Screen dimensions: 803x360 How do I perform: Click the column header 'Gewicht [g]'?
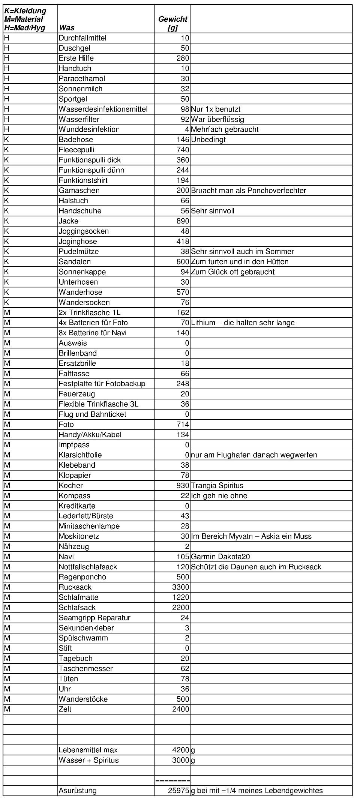point(172,23)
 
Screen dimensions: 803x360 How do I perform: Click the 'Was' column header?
point(67,28)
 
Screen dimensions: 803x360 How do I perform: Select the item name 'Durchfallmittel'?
point(82,38)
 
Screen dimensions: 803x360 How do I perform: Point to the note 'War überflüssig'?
point(217,119)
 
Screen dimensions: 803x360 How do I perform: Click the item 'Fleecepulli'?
point(76,150)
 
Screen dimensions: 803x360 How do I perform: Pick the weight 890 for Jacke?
point(183,221)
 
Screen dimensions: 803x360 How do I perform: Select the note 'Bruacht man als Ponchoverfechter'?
point(249,191)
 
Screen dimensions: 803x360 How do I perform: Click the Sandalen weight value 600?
point(183,261)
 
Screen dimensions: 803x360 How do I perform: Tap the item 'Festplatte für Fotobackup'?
point(102,384)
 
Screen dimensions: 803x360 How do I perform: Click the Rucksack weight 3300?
point(181,587)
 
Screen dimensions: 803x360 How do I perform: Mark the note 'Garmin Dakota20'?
point(220,557)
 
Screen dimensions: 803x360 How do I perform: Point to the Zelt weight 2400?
point(181,709)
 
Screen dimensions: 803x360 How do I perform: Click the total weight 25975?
point(179,791)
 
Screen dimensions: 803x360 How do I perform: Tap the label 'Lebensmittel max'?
point(88,750)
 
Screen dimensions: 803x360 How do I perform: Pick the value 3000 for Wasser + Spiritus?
point(181,760)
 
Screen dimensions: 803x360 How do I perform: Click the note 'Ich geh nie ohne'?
point(219,495)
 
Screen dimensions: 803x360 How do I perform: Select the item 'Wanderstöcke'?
point(83,699)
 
